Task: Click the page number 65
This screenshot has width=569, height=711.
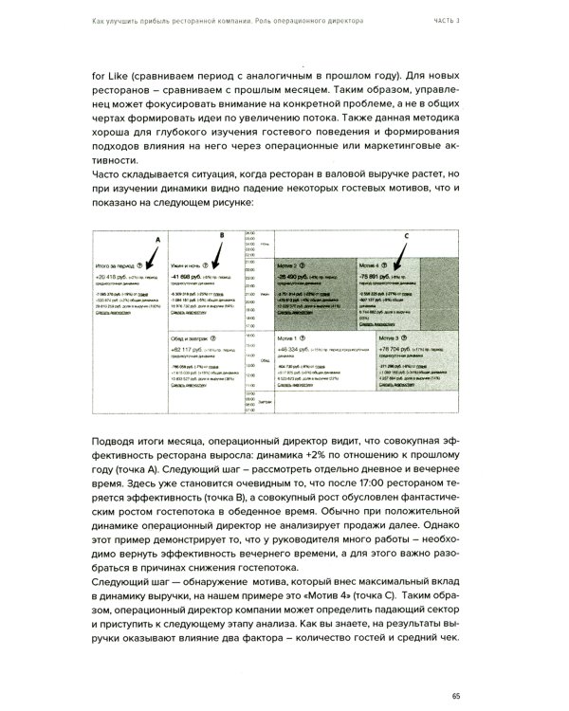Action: tap(458, 670)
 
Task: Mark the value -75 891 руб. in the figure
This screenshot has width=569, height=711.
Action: tap(376, 275)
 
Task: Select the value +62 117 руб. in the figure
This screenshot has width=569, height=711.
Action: tap(188, 349)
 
